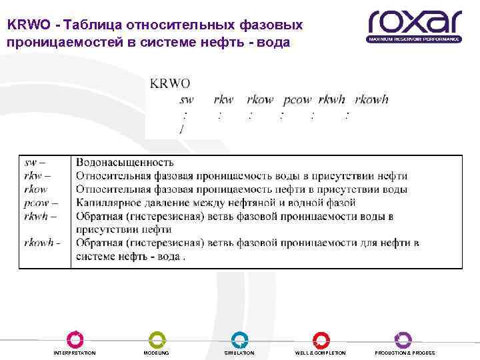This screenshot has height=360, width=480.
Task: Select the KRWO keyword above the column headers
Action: click(170, 83)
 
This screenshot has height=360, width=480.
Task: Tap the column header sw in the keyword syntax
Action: click(187, 99)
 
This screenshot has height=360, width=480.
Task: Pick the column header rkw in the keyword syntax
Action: click(223, 99)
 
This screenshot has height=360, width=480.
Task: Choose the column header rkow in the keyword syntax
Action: click(260, 99)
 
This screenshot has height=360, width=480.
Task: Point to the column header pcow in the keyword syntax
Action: click(297, 99)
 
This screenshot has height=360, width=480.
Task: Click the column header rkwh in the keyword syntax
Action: click(332, 99)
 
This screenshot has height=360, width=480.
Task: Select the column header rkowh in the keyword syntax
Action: click(371, 99)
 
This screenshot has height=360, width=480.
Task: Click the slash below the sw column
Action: click(181, 128)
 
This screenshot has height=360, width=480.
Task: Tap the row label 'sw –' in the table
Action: click(34, 163)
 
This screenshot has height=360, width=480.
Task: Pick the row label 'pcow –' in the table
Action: click(40, 203)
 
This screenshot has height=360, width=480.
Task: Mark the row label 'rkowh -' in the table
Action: click(42, 243)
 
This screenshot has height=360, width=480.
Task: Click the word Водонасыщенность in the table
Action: click(125, 163)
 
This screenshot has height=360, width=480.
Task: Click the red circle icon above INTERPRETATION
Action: click(75, 339)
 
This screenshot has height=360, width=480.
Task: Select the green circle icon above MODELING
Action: click(157, 339)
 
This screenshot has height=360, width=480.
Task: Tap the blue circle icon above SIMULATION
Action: click(239, 339)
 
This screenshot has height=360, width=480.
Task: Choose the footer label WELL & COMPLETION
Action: click(321, 353)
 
